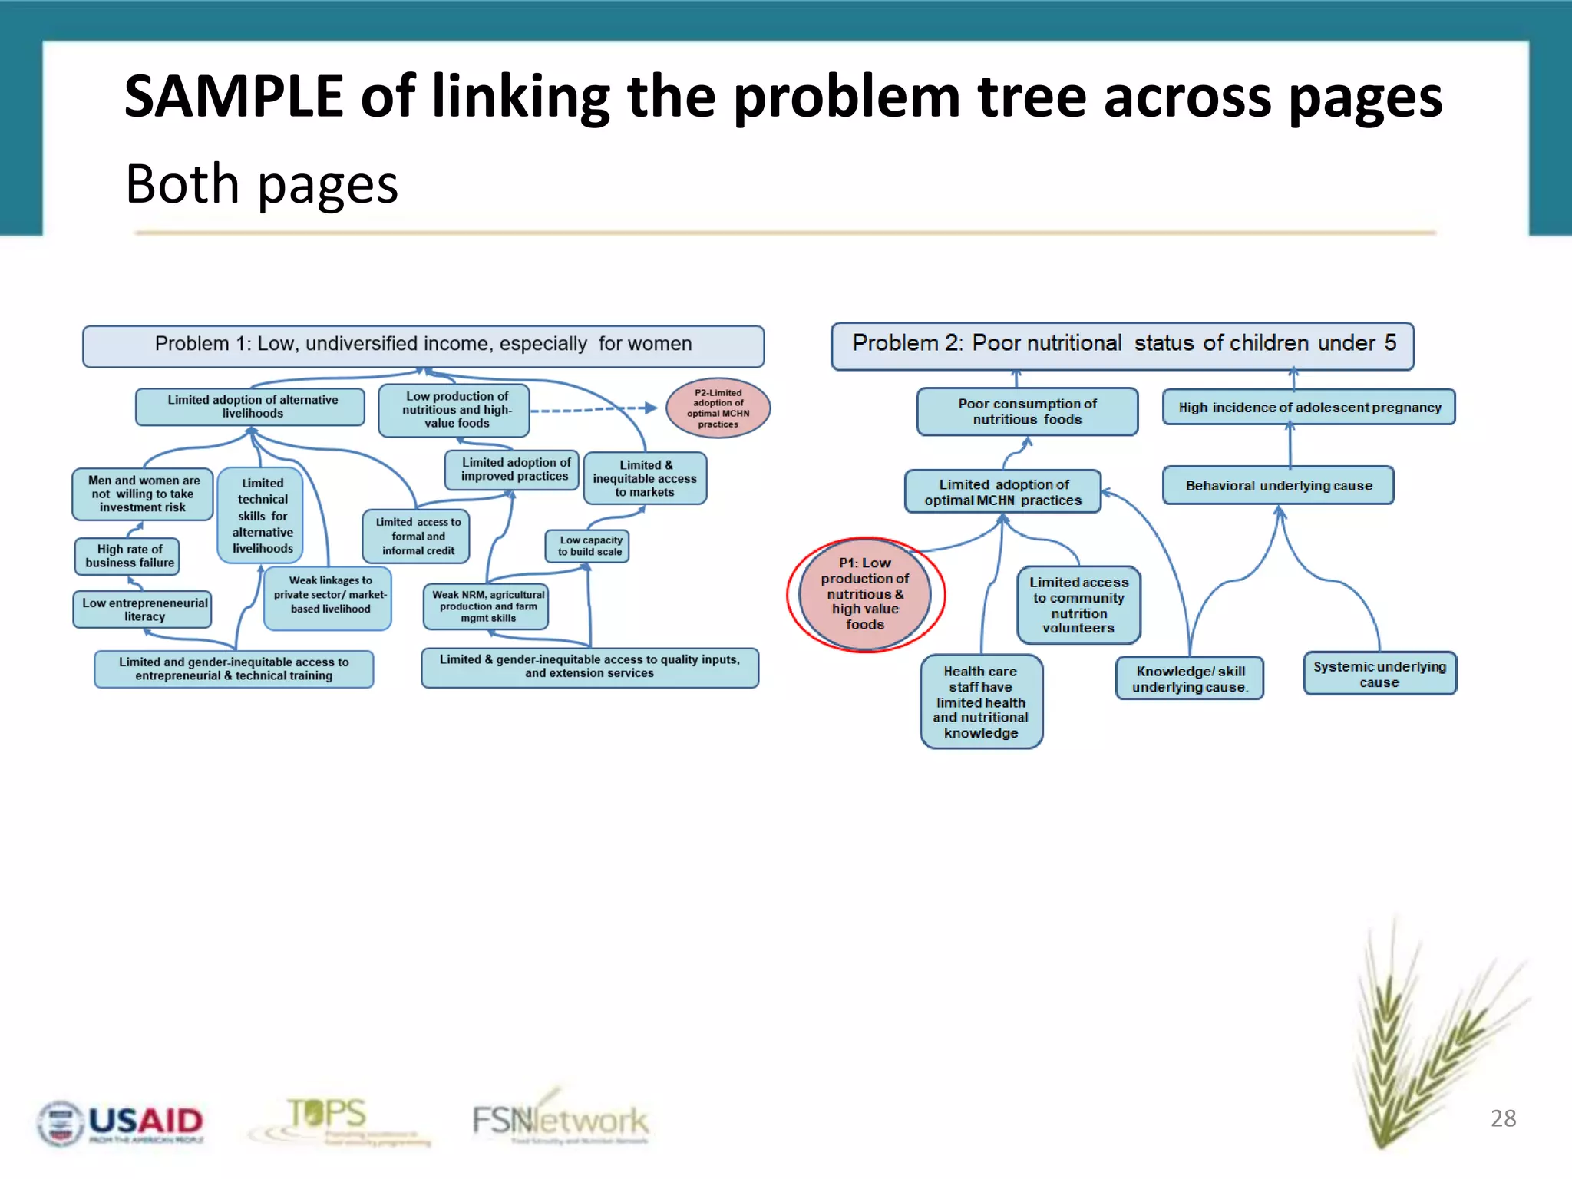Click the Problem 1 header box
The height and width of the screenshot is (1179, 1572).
click(x=423, y=345)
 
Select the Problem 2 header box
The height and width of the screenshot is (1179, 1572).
click(x=1122, y=345)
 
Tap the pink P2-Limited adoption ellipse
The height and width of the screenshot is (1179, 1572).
click(x=718, y=408)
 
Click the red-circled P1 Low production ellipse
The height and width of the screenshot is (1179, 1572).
click(x=865, y=594)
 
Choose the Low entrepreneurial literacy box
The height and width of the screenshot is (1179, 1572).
click(x=144, y=609)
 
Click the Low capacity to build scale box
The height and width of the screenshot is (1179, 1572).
click(x=589, y=546)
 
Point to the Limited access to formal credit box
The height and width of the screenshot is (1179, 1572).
click(x=417, y=536)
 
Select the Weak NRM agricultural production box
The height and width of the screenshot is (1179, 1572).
click(x=487, y=606)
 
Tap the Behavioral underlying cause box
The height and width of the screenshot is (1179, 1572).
click(x=1278, y=485)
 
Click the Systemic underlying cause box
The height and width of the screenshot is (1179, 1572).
click(x=1379, y=674)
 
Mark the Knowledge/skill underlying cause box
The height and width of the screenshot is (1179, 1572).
click(x=1189, y=679)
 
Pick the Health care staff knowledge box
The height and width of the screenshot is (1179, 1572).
click(x=981, y=702)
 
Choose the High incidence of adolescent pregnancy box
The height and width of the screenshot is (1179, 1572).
click(x=1309, y=408)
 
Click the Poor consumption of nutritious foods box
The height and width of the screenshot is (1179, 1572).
click(x=1027, y=411)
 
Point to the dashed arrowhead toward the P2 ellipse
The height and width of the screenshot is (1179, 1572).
click(x=651, y=408)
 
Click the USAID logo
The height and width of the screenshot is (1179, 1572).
click(x=121, y=1123)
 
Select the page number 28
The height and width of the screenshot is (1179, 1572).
click(x=1503, y=1118)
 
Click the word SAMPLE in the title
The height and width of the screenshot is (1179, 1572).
click(x=233, y=97)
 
